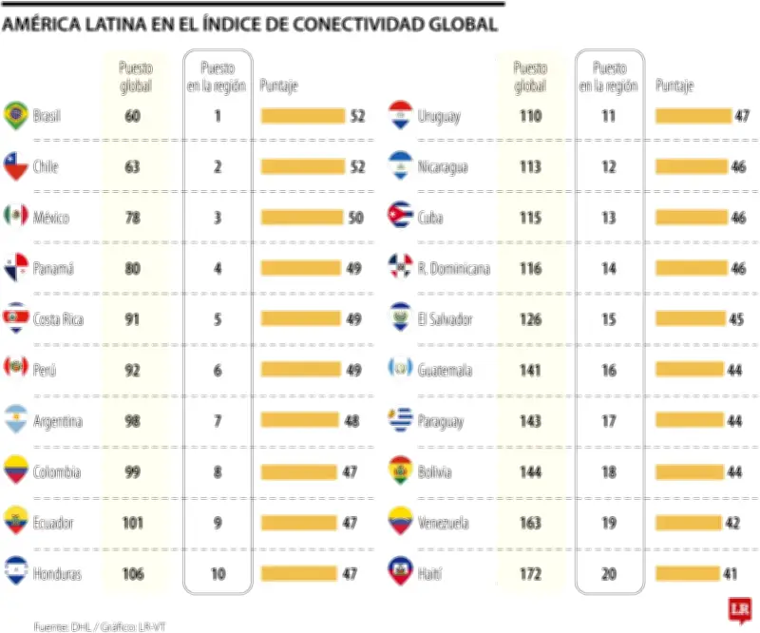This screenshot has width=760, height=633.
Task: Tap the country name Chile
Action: [x=46, y=167]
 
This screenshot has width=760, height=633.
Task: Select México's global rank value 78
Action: [x=132, y=218]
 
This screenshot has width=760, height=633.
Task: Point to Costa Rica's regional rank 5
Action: [x=218, y=319]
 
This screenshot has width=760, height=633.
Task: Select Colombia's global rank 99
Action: [x=132, y=471]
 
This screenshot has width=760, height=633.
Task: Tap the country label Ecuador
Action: [x=53, y=523]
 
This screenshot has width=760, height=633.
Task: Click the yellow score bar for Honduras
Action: [x=299, y=573]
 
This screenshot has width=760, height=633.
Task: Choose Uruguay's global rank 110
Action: [x=530, y=116]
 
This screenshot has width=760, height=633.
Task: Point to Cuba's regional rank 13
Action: [x=609, y=218]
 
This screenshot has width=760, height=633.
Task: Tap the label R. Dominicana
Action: [x=454, y=269]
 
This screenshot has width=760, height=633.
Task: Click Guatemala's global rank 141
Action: [x=530, y=370]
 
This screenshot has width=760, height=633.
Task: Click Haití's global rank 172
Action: [x=530, y=573]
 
